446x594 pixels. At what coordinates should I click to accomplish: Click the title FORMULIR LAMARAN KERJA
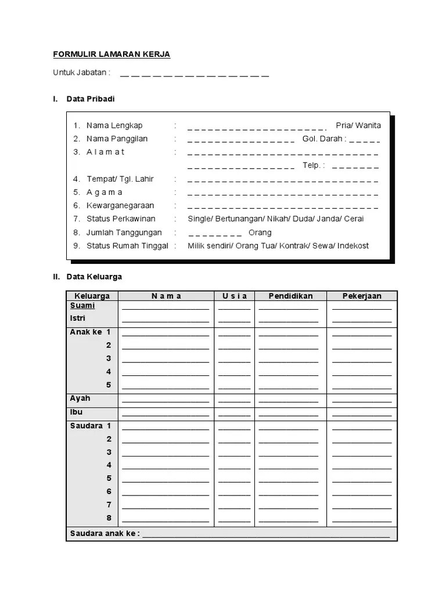pyautogui.click(x=111, y=55)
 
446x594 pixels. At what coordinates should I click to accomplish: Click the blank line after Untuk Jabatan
pyautogui.click(x=195, y=74)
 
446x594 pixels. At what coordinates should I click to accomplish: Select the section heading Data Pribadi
pyautogui.click(x=90, y=99)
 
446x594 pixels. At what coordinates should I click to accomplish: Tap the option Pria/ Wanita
pyautogui.click(x=358, y=125)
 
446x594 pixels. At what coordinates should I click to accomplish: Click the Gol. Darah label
pyautogui.click(x=323, y=139)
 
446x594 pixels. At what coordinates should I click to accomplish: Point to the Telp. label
pyautogui.click(x=312, y=165)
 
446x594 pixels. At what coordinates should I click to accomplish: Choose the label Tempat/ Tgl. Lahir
pyautogui.click(x=120, y=179)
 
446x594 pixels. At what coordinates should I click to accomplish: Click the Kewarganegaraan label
pyautogui.click(x=120, y=205)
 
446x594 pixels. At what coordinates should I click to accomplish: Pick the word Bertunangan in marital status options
pyautogui.click(x=239, y=219)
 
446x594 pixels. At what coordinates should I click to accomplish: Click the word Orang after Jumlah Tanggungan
pyautogui.click(x=260, y=233)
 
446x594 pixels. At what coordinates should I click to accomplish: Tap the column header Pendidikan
pyautogui.click(x=290, y=296)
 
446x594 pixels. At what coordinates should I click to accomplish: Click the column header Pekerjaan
pyautogui.click(x=362, y=296)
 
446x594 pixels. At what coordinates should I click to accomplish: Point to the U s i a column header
pyautogui.click(x=234, y=296)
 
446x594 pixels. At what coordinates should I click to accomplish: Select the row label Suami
pyautogui.click(x=82, y=306)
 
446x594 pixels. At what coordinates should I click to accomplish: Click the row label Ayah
pyautogui.click(x=80, y=399)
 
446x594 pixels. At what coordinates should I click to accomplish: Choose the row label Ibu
pyautogui.click(x=76, y=412)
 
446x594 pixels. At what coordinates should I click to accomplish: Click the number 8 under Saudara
pyautogui.click(x=109, y=518)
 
